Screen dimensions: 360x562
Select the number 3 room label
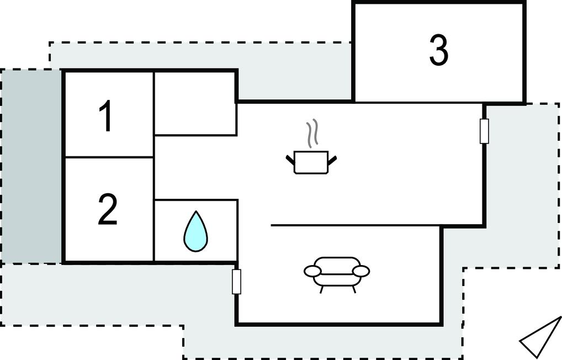pyautogui.click(x=438, y=50)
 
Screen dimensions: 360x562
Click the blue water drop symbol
pyautogui.click(x=195, y=232)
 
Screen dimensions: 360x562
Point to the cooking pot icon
pyautogui.click(x=311, y=162)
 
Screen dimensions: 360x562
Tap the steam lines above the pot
pyautogui.click(x=312, y=133)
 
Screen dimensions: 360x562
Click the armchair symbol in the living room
pyautogui.click(x=337, y=272)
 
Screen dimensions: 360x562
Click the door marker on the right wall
pyautogui.click(x=484, y=131)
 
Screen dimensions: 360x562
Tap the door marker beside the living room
pyautogui.click(x=237, y=282)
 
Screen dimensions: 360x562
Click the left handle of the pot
pyautogui.click(x=290, y=160)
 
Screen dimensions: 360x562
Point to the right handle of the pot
pyautogui.click(x=332, y=160)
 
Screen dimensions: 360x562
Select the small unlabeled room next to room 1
pyautogui.click(x=195, y=103)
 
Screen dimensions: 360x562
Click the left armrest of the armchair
pyautogui.click(x=312, y=271)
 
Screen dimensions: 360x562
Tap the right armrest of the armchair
pyautogui.click(x=361, y=271)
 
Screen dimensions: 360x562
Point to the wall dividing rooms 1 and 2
pyautogui.click(x=108, y=157)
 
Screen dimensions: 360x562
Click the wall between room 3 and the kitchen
pyautogui.click(x=418, y=102)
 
